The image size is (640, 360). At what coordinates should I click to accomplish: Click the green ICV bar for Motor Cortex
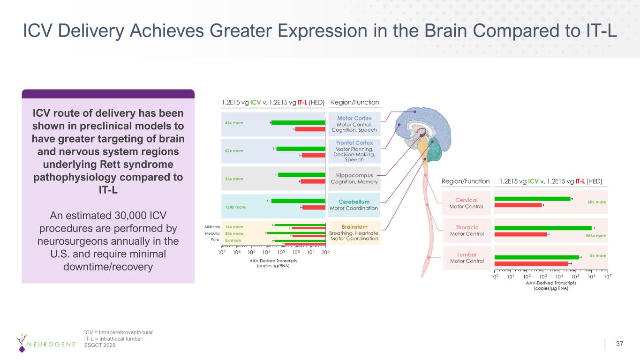(x=298, y=122)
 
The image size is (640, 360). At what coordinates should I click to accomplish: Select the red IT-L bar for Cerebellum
(x=314, y=208)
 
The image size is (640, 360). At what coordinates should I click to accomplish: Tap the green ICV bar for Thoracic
(x=543, y=228)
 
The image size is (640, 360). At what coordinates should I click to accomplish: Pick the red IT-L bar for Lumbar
(x=531, y=264)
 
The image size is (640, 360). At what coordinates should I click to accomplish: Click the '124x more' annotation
(x=235, y=207)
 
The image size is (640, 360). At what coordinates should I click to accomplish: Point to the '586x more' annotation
(x=596, y=236)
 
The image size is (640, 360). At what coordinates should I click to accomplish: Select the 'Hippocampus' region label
(x=354, y=175)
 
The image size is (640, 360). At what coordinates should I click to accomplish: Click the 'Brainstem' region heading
(x=354, y=226)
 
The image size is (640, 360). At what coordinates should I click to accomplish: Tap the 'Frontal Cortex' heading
(x=354, y=142)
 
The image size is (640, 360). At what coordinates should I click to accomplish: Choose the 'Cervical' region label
(x=466, y=200)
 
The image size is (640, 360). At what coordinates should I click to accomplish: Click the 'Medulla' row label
(x=212, y=233)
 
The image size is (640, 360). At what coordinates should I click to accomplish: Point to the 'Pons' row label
(x=215, y=240)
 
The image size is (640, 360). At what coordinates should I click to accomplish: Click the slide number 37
(x=619, y=344)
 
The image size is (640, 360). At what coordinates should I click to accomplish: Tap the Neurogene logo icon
(x=22, y=343)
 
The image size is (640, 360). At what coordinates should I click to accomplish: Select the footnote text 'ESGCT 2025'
(x=100, y=345)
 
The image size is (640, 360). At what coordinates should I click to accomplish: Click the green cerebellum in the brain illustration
(x=434, y=150)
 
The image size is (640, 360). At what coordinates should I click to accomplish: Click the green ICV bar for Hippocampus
(x=301, y=175)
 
